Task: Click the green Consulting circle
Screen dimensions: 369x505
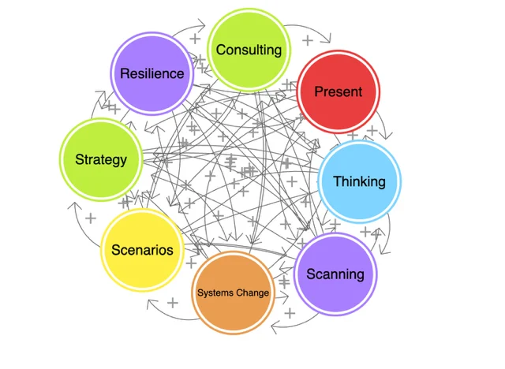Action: point(249,50)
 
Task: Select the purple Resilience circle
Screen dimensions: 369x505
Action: point(151,74)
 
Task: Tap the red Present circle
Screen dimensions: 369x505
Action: point(339,91)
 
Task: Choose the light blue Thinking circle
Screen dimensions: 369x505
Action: point(360,181)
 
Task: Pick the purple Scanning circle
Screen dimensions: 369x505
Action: point(335,274)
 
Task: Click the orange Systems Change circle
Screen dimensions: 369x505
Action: point(233,293)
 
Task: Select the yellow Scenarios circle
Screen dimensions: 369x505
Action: point(142,250)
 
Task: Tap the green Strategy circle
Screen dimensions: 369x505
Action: point(100,159)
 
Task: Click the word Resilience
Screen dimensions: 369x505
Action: point(151,74)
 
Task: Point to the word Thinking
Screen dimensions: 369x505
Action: point(360,181)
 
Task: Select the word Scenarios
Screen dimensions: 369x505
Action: point(142,250)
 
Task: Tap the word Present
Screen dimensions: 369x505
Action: point(339,91)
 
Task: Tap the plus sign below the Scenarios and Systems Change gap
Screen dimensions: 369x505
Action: point(173,302)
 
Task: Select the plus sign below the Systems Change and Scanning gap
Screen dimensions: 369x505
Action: point(290,313)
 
